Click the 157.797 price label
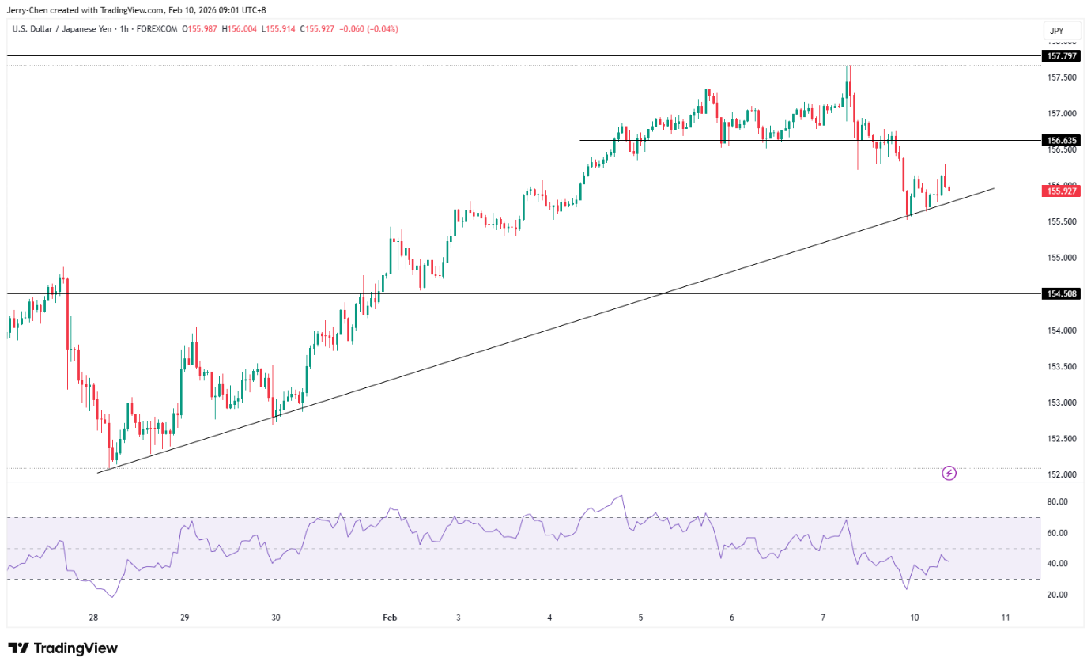point(1060,56)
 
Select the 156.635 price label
point(1060,140)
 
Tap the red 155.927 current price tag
point(1060,191)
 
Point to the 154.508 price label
point(1060,293)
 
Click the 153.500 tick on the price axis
point(1060,367)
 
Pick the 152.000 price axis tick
point(1060,475)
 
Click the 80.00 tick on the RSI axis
point(1058,502)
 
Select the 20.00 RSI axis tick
point(1058,595)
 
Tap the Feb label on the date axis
point(389,618)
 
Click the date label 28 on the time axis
point(93,618)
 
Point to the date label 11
point(1005,618)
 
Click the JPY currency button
point(1055,32)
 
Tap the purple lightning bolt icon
point(949,473)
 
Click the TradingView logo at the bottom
point(63,648)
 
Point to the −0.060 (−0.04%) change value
point(368,29)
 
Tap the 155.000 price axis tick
point(1060,258)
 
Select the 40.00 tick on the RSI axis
point(1058,564)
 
